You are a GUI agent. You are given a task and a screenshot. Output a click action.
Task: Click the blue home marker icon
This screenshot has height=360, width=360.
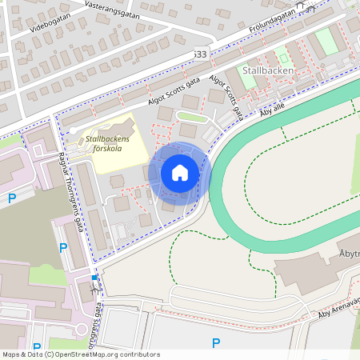(x=180, y=172)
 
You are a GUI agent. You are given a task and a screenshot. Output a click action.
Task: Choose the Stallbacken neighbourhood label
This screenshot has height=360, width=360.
(x=269, y=70)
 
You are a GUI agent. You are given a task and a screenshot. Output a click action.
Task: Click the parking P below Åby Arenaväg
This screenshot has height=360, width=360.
(x=215, y=343)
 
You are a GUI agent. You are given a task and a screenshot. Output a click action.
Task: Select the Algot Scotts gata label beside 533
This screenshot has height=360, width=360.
(x=174, y=92)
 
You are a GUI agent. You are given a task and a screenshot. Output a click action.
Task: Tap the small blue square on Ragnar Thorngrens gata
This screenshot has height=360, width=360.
(x=94, y=278)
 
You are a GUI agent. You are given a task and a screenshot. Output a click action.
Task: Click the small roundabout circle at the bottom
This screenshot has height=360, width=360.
(x=82, y=329)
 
